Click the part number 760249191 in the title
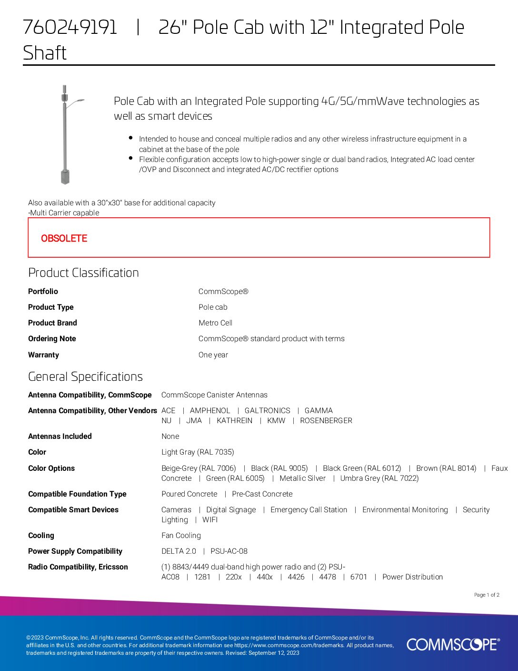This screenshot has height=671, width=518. click(x=70, y=28)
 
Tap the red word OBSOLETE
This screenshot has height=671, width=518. click(x=64, y=238)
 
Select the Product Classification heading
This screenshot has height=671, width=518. click(x=83, y=273)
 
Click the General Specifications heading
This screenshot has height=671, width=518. click(x=85, y=376)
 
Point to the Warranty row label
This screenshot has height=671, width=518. click(x=43, y=355)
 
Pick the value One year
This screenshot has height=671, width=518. click(x=213, y=355)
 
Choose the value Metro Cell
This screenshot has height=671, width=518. click(x=215, y=323)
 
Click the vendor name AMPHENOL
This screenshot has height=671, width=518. click(x=209, y=410)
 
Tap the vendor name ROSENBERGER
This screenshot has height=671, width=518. click(x=326, y=420)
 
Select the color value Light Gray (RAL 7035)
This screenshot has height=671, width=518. click(x=198, y=452)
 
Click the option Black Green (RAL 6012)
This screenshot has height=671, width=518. click(x=362, y=468)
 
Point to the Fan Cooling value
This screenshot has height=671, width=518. click(x=181, y=535)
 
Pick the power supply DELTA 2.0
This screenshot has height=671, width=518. click(x=179, y=551)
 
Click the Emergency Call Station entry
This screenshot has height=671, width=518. click(x=309, y=509)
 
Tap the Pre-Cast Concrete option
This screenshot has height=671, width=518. click(x=262, y=494)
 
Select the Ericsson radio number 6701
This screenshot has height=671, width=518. click(x=359, y=577)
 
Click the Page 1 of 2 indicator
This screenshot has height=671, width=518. click(x=486, y=595)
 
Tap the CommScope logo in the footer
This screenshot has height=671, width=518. click(x=453, y=644)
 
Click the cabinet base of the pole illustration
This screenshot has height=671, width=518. click(x=65, y=177)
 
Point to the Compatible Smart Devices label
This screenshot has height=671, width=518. click(x=73, y=509)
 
